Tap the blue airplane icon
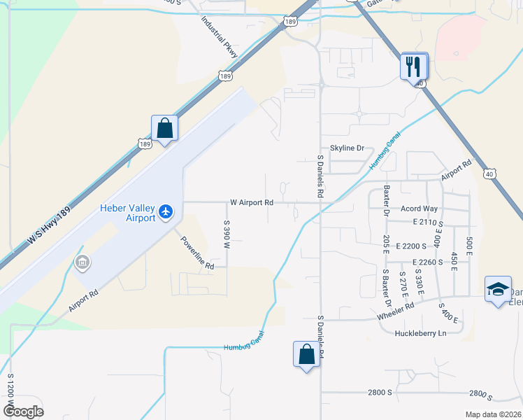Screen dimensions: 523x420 point(166,211)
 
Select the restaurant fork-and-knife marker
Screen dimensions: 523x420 point(413,67)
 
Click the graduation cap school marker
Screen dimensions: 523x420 point(497,290)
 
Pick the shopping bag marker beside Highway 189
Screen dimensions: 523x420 point(165,129)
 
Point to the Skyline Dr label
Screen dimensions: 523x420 point(348,148)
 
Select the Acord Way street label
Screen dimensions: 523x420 point(419,209)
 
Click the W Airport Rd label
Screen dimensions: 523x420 point(251,203)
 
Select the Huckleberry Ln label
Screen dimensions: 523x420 point(420,333)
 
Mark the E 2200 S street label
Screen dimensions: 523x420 point(411,246)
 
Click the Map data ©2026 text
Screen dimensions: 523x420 point(492,414)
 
